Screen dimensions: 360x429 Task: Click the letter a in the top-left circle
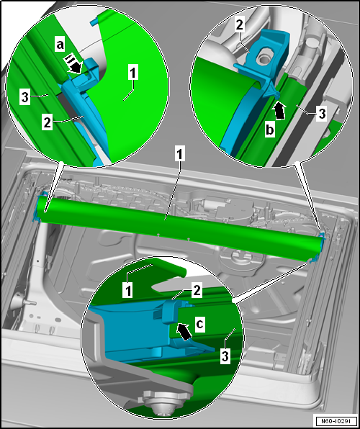point(60,45)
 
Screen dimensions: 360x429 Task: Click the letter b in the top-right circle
point(270,130)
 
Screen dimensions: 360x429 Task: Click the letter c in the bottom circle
point(200,324)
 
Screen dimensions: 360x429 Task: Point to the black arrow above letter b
point(279,112)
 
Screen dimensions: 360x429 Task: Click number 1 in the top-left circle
point(133,73)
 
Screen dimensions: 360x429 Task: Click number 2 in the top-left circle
point(47,123)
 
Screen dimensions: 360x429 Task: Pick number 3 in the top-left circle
point(25,97)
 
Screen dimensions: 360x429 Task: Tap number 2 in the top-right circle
point(239,25)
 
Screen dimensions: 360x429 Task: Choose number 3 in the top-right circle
point(322,114)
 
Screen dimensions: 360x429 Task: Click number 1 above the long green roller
point(179,155)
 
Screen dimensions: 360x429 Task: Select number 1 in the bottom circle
point(128,291)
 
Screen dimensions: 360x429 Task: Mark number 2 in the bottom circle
point(197,291)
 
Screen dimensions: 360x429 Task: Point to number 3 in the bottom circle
point(225,356)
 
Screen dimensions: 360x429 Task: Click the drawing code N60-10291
point(336,420)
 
